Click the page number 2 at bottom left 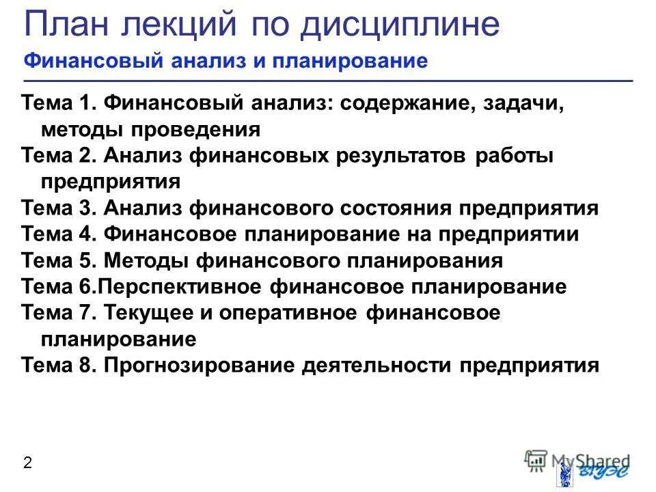coord(27,463)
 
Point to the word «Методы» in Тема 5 coord(147,260)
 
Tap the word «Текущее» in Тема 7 coord(147,313)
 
